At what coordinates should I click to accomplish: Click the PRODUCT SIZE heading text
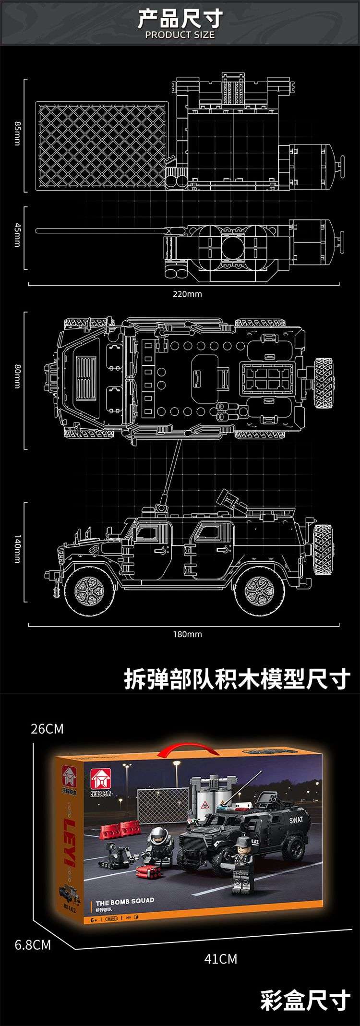click(180, 35)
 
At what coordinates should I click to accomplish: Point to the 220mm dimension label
click(187, 294)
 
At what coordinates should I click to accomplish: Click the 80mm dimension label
click(17, 376)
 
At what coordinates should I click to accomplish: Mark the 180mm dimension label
click(187, 634)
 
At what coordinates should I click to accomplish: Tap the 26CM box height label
click(47, 728)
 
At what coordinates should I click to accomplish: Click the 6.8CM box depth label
click(33, 945)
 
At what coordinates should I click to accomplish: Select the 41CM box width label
click(220, 959)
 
